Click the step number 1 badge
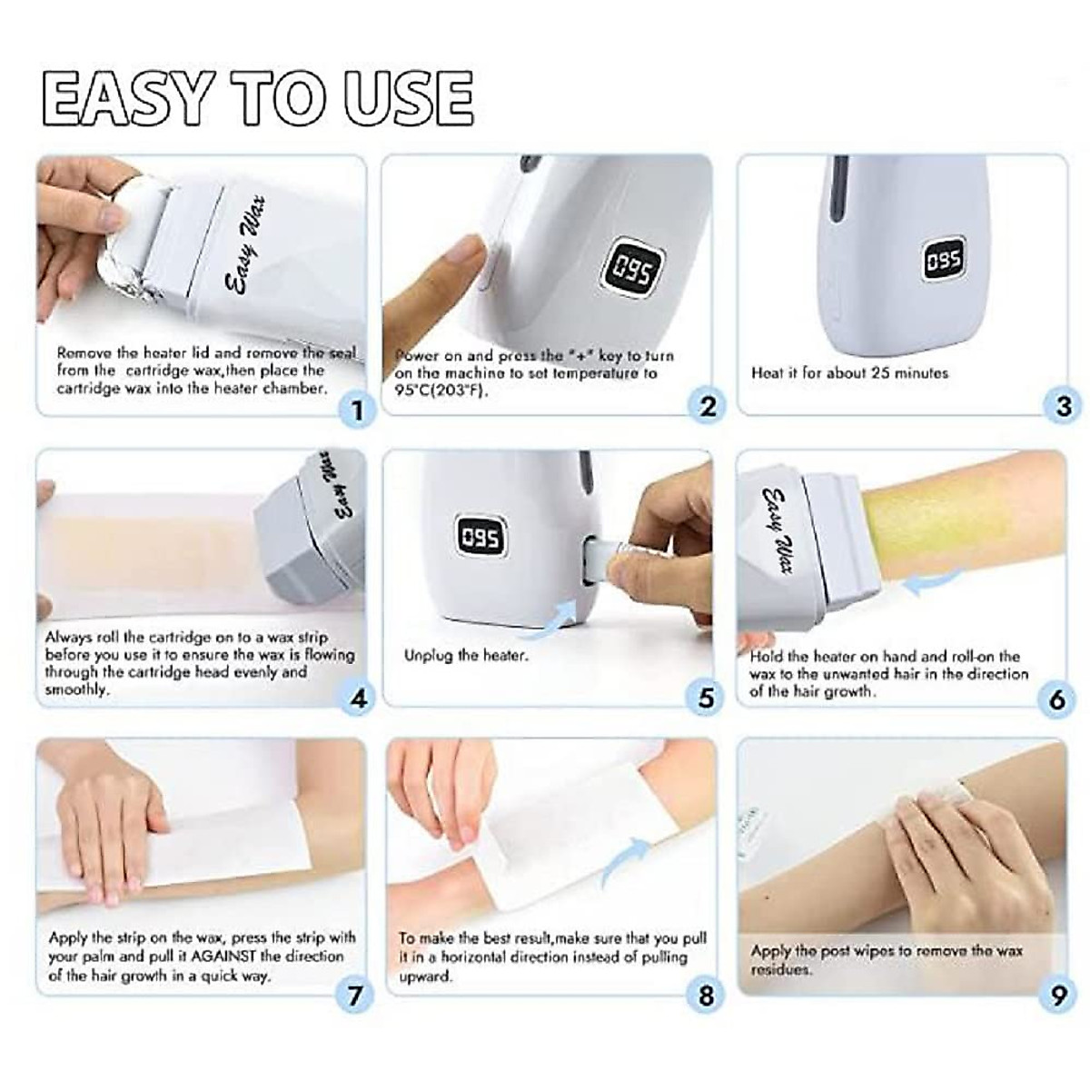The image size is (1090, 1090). [356, 410]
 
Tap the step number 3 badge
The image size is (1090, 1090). [1064, 406]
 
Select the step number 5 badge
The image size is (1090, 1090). [707, 699]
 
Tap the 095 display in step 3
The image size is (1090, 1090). [945, 260]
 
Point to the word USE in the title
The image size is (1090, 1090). [410, 96]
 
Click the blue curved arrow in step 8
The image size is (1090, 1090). [624, 868]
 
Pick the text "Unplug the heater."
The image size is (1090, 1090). [466, 656]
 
